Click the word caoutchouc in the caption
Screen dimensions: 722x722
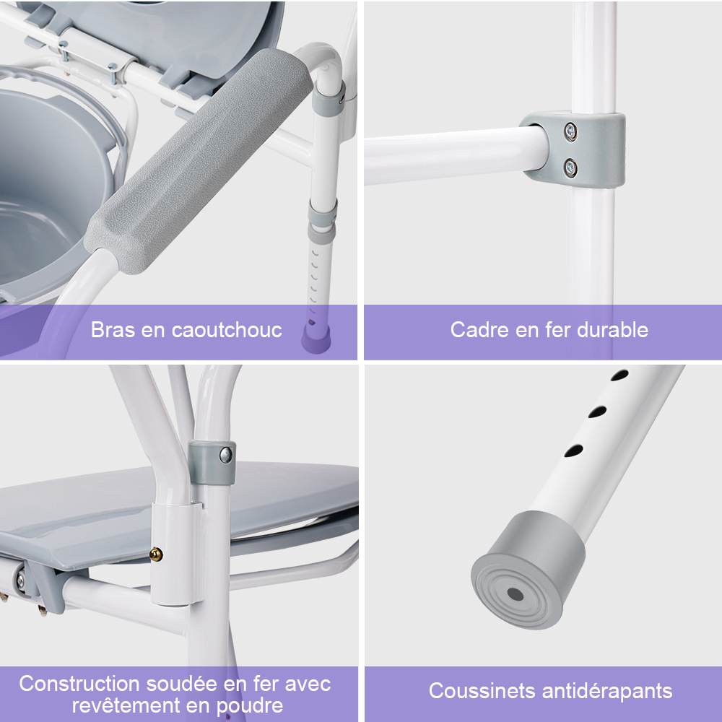(227, 330)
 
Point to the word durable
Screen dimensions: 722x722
(612, 330)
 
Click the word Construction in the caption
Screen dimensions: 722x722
(79, 683)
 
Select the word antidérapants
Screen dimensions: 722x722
(607, 692)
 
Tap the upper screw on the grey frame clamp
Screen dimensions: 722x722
(571, 131)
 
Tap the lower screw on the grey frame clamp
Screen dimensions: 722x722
(570, 168)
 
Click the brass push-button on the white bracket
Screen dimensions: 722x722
(156, 554)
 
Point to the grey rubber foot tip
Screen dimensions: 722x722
(528, 570)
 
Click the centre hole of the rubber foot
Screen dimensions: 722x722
(516, 594)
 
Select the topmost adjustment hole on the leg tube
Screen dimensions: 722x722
(619, 375)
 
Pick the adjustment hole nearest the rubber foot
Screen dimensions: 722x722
(573, 451)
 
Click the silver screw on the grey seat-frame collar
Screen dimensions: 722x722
(225, 456)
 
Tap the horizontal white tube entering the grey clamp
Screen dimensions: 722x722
(456, 156)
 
